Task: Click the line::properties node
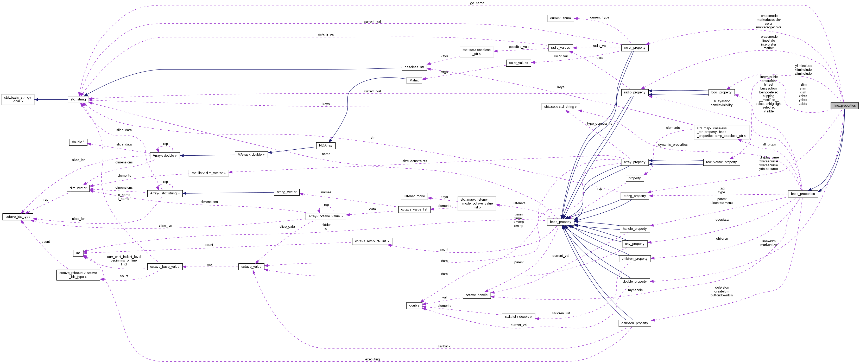(844, 106)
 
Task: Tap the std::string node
(78, 99)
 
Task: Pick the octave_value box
(251, 266)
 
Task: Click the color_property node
(634, 48)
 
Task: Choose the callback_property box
(634, 323)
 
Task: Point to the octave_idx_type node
(18, 217)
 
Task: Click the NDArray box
(326, 145)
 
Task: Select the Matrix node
(414, 80)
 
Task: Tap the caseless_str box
(414, 67)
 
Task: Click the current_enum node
(560, 18)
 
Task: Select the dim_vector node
(78, 188)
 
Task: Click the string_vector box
(286, 192)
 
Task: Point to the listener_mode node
(414, 196)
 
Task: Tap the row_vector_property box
(721, 162)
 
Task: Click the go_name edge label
(477, 3)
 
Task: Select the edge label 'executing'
(372, 359)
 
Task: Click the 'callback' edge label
(444, 346)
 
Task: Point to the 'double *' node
(78, 142)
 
